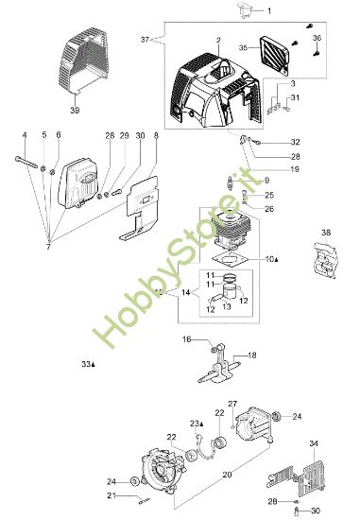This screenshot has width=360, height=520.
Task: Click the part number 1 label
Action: coord(267,11)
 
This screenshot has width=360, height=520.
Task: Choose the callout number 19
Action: coord(268,169)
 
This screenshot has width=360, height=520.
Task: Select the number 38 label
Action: coord(326,232)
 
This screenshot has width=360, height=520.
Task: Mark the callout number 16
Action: coord(187,338)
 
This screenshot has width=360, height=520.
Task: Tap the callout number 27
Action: coord(232,404)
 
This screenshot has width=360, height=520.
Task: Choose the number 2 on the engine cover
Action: coord(218,41)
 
